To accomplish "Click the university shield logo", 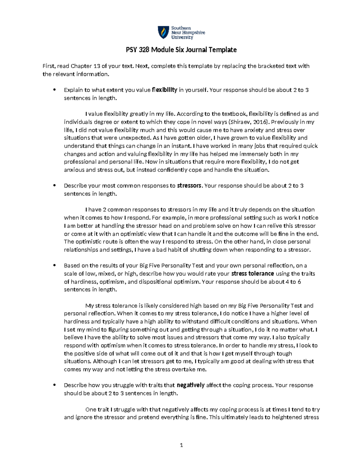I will [x=163, y=32].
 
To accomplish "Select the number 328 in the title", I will [x=144, y=50].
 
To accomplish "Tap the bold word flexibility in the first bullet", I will [x=164, y=90].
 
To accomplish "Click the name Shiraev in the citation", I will [x=240, y=122].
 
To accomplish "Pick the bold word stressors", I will [x=189, y=186].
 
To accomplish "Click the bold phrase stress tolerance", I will [x=252, y=274].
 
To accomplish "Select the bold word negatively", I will [x=190, y=385].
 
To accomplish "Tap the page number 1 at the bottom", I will [x=181, y=445].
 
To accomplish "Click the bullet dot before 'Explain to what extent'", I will [x=54, y=90].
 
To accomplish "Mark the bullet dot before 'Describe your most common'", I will [x=54, y=186].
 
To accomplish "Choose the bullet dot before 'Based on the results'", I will [x=54, y=266].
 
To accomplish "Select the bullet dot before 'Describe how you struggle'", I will [x=54, y=385].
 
